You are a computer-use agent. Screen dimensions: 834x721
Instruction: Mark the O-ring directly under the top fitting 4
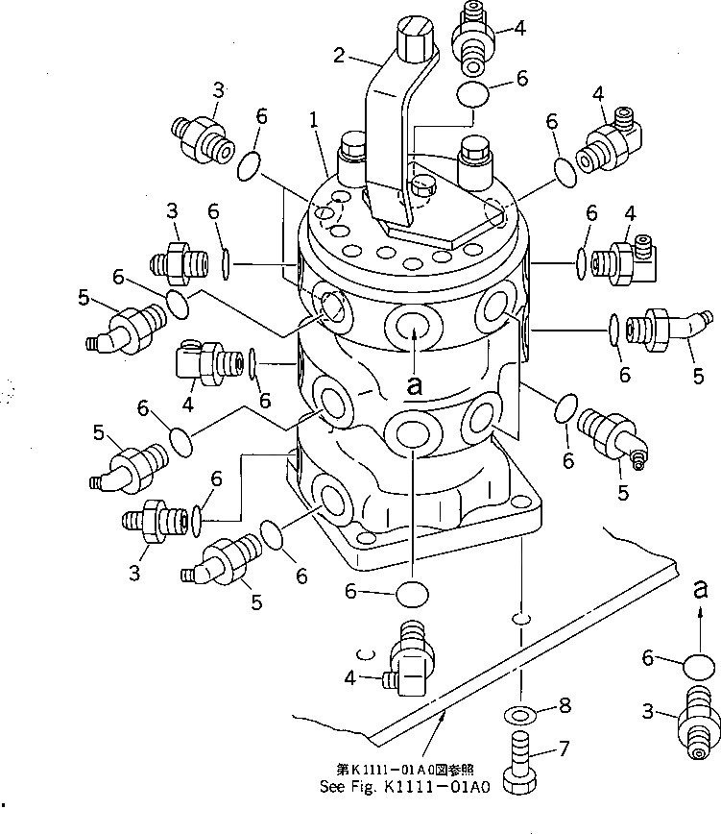[x=473, y=95]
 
